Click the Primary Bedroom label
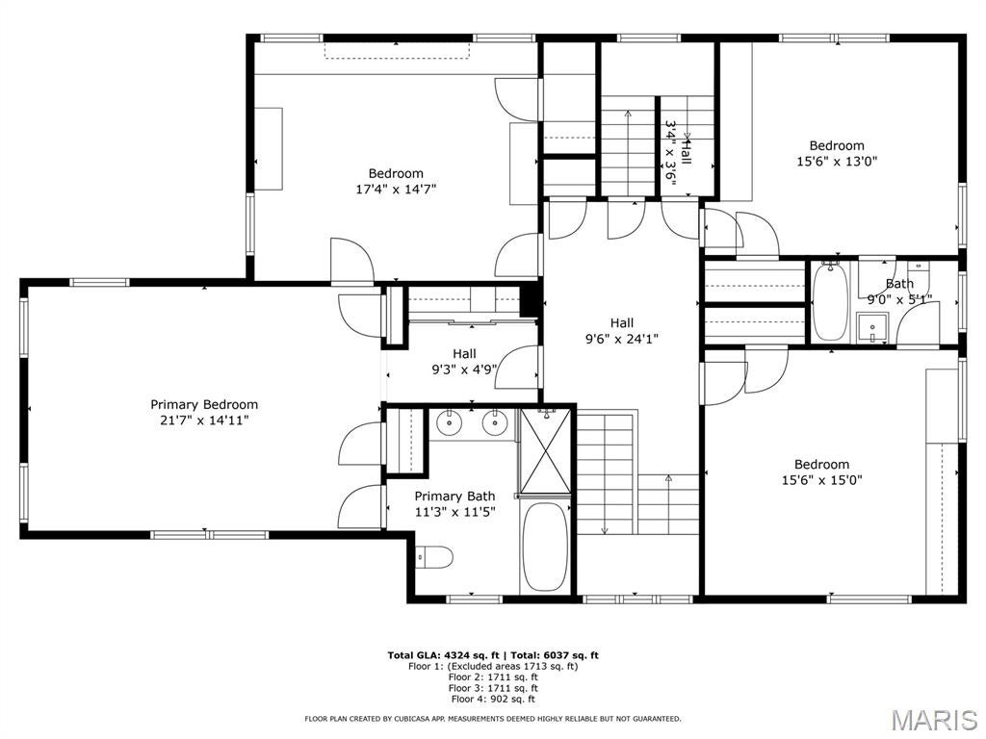[x=204, y=404]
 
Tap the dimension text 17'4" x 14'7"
[x=396, y=190]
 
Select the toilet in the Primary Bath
[x=435, y=556]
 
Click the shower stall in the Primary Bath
[x=545, y=450]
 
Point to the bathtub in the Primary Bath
[x=545, y=546]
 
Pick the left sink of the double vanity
[x=450, y=422]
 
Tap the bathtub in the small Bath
[x=829, y=302]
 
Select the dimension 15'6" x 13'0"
[x=836, y=162]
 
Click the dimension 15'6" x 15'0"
[x=821, y=479]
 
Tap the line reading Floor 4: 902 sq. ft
[x=492, y=700]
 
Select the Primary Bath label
[x=454, y=496]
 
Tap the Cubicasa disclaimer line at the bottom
[x=492, y=719]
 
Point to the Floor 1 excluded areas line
[x=492, y=666]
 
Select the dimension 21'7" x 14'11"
[x=204, y=420]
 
